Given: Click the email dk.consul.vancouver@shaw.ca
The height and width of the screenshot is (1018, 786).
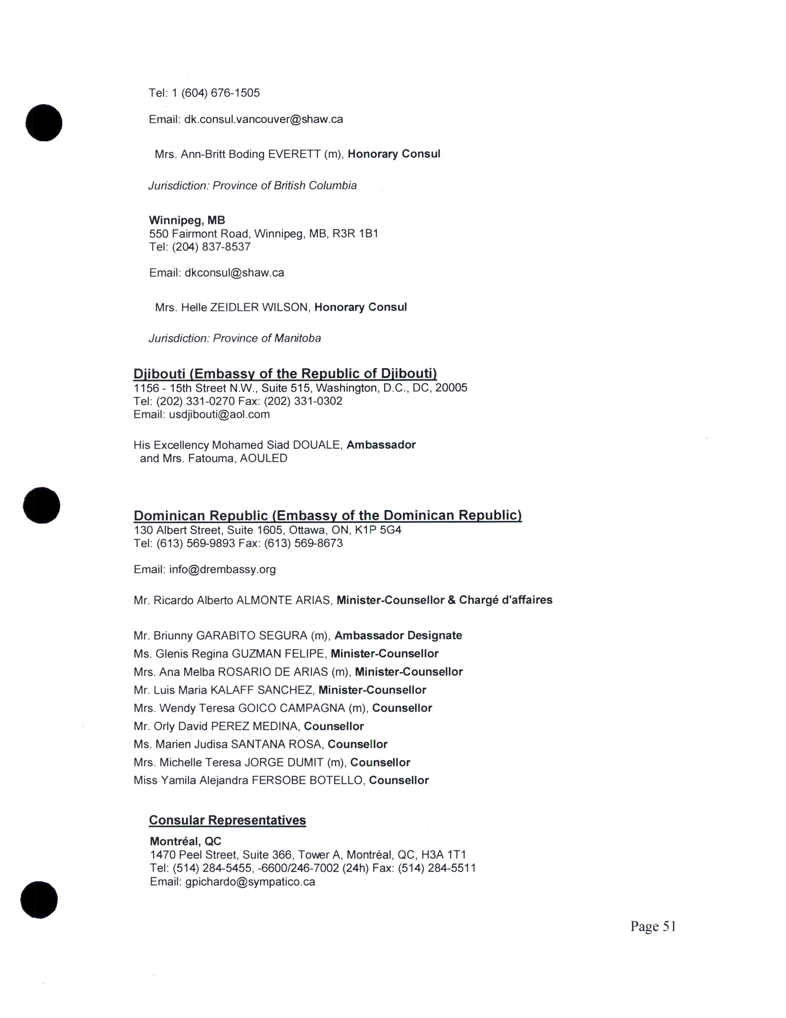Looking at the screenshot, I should [x=264, y=119].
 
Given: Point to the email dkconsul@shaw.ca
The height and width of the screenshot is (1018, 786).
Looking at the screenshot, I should [x=234, y=273].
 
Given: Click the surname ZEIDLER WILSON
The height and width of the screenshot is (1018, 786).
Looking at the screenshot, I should [x=260, y=307].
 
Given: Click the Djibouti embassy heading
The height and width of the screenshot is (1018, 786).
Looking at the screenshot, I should [x=285, y=374].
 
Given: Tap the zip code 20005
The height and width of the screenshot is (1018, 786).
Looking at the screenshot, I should [x=451, y=388].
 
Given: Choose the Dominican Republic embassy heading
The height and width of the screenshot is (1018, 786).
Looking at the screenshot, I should [x=327, y=515].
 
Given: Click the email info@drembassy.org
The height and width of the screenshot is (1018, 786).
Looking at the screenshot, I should [x=223, y=569].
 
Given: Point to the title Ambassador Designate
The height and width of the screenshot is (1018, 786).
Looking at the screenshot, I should [x=398, y=636].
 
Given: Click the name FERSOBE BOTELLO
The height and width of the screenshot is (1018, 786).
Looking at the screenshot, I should [x=307, y=781].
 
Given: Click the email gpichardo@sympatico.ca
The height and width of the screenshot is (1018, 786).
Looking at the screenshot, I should [x=250, y=882].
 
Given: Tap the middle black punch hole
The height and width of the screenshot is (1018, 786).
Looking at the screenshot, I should [x=41, y=505].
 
